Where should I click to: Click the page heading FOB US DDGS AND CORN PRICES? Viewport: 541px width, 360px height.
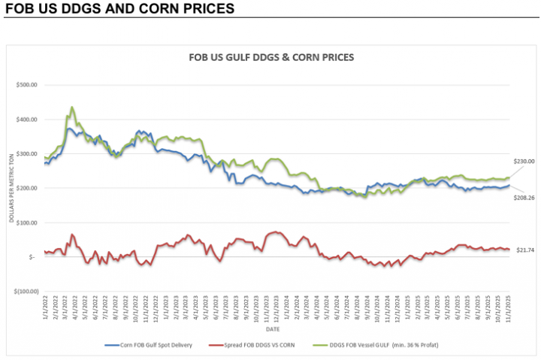pyautogui.click(x=119, y=9)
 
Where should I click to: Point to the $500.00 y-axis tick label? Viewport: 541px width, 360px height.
pyautogui.click(x=26, y=85)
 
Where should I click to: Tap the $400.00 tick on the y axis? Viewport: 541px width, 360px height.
pyautogui.click(x=26, y=119)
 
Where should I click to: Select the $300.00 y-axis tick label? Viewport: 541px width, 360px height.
pyautogui.click(x=26, y=154)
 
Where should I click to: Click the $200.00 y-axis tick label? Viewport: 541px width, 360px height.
pyautogui.click(x=26, y=188)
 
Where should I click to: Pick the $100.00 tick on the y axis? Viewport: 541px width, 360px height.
pyautogui.click(x=26, y=222)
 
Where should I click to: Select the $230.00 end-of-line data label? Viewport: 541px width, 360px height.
pyautogui.click(x=523, y=162)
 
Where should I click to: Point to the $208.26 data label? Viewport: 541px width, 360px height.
pyautogui.click(x=523, y=198)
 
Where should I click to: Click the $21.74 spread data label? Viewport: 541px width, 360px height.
pyautogui.click(x=524, y=250)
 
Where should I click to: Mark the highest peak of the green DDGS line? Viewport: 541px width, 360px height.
pyautogui.click(x=71, y=107)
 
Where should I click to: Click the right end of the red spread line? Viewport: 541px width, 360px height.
pyautogui.click(x=509, y=250)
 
